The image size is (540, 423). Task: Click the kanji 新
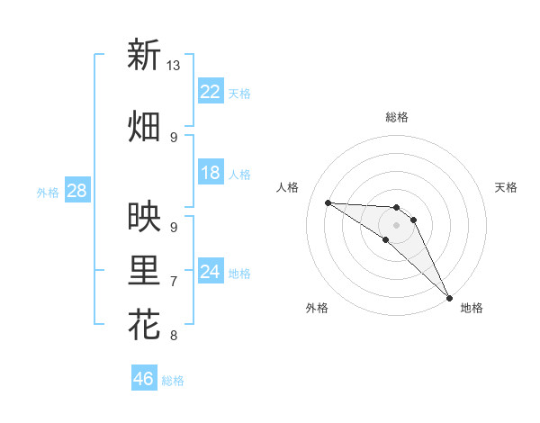pyautogui.click(x=144, y=56)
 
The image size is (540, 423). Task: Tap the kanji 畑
pyautogui.click(x=144, y=126)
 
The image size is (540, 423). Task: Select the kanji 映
pyautogui.click(x=144, y=216)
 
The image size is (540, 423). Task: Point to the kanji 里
pyautogui.click(x=144, y=272)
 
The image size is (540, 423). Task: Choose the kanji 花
pyautogui.click(x=144, y=325)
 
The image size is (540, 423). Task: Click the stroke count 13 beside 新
pyautogui.click(x=174, y=66)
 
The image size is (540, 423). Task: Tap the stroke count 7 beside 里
pyautogui.click(x=174, y=282)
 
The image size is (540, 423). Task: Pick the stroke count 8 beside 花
pyautogui.click(x=174, y=336)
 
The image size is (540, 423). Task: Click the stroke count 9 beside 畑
pyautogui.click(x=174, y=137)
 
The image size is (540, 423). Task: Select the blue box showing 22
pyautogui.click(x=211, y=92)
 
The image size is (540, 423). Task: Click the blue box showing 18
pyautogui.click(x=211, y=173)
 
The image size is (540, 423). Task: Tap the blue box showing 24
pyautogui.click(x=211, y=272)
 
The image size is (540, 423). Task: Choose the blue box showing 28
pyautogui.click(x=76, y=191)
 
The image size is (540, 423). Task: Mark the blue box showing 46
pyautogui.click(x=144, y=379)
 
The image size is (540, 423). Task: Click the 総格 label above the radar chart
pyautogui.click(x=396, y=117)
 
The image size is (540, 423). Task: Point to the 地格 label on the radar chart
pyautogui.click(x=472, y=308)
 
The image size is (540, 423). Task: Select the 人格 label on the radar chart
pyautogui.click(x=288, y=187)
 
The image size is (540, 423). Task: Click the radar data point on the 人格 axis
pyautogui.click(x=328, y=202)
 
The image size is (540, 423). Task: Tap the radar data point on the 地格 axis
pyautogui.click(x=448, y=296)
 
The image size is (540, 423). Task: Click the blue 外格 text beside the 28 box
pyautogui.click(x=47, y=192)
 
